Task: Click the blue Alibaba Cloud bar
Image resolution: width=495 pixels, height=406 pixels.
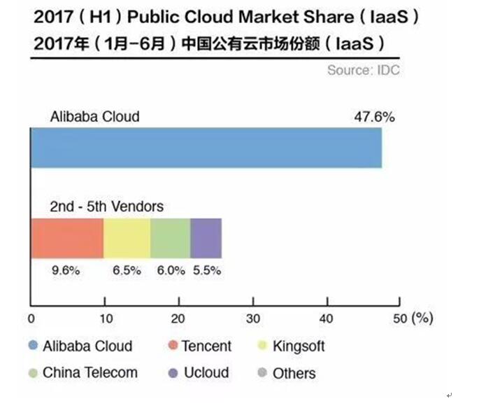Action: tap(206, 148)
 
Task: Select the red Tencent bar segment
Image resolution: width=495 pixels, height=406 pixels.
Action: tap(67, 238)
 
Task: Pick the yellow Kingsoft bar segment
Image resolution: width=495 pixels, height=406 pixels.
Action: tap(127, 238)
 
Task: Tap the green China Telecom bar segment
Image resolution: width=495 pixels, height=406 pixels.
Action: tap(171, 238)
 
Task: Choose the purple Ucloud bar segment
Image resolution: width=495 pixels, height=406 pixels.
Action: tap(206, 238)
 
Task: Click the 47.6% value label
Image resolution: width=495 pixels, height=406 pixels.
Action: tap(375, 117)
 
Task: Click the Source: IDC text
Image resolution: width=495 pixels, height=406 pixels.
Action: tap(363, 71)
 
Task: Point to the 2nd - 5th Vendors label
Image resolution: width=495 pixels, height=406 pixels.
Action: tap(107, 206)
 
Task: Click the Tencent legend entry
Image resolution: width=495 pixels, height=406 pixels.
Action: tap(199, 346)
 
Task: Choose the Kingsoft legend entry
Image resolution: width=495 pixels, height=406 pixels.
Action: tap(290, 346)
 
